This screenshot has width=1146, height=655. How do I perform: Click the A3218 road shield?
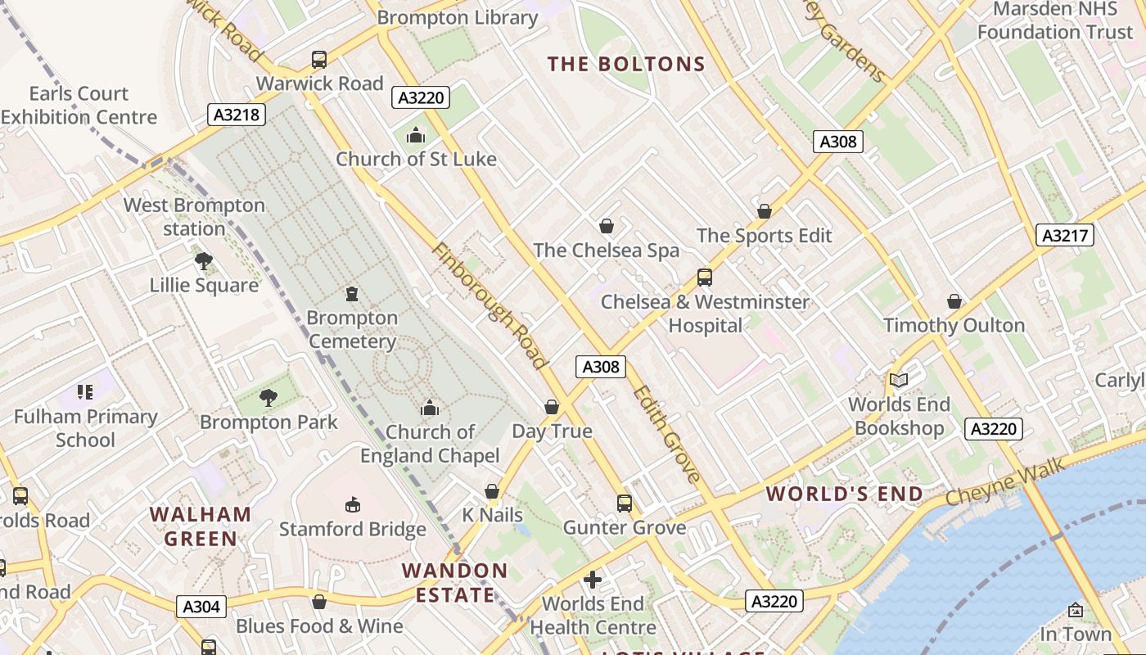point(237,115)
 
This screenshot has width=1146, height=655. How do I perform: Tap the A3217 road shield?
point(1065,236)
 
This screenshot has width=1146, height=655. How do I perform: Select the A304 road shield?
point(201,607)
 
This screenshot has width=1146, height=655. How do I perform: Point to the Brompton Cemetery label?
point(352,329)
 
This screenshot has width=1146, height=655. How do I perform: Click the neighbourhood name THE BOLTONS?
point(626,64)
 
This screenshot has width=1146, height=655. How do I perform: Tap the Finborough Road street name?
point(489,305)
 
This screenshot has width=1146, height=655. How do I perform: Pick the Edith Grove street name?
point(667,434)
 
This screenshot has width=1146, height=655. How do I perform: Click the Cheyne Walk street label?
point(1005,482)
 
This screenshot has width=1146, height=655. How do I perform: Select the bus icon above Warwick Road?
point(319,60)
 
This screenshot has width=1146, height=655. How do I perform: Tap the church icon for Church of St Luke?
point(416,135)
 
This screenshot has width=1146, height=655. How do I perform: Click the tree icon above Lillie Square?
point(204,261)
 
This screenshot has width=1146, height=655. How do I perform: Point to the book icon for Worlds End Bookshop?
point(899,380)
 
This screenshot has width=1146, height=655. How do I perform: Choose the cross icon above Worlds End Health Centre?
point(593,580)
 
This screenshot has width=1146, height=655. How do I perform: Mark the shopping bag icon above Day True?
point(552,407)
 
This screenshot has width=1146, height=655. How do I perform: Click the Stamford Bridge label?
point(353,529)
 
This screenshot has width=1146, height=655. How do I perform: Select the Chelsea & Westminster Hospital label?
point(705,314)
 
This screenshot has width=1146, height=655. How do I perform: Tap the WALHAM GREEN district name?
point(201,526)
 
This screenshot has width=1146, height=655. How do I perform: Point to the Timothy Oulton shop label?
point(954,325)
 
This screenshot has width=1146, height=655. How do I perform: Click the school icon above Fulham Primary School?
point(85,392)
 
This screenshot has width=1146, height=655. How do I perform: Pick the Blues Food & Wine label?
point(319,626)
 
